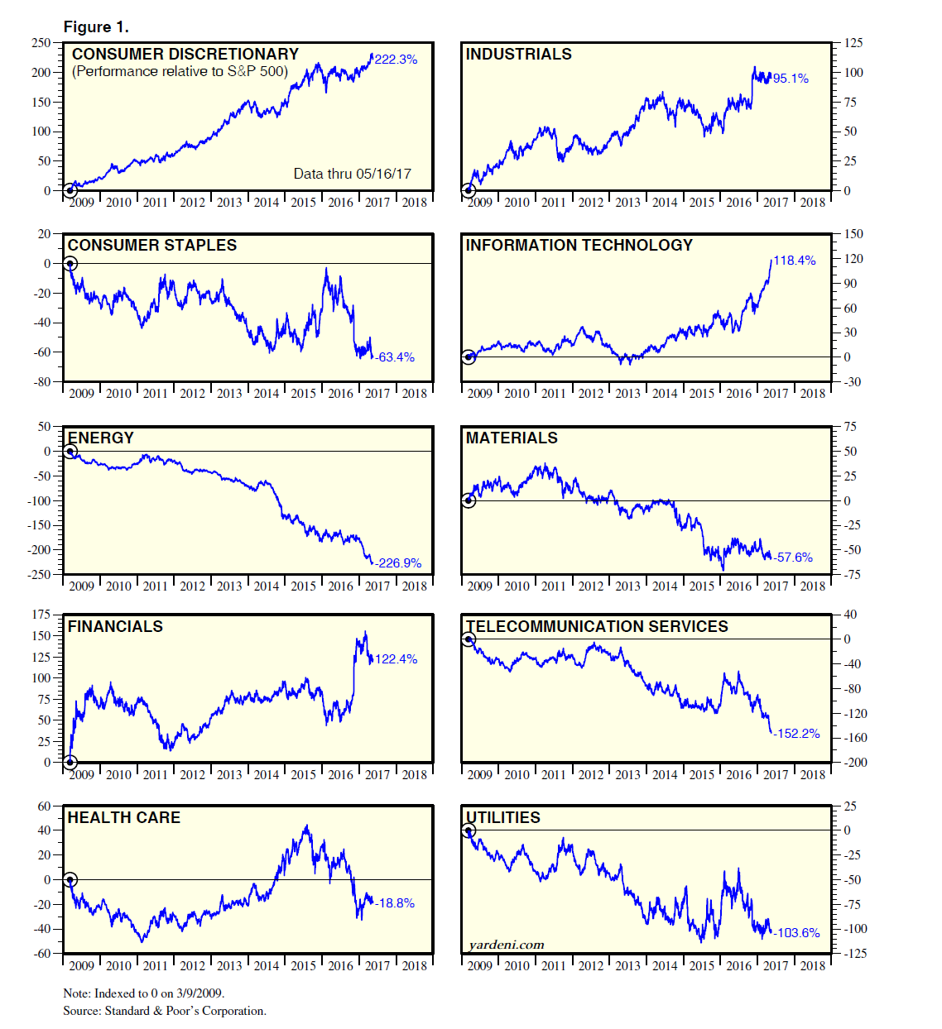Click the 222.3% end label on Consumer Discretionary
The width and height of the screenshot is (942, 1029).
coord(396,60)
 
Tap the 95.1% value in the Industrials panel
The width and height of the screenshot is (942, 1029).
coord(791,79)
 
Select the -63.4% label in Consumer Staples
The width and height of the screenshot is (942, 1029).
coord(395,357)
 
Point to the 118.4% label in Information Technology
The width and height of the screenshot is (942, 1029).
coord(795,261)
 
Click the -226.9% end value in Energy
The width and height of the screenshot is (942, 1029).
coord(398,563)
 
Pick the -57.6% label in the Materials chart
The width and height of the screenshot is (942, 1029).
coord(794,558)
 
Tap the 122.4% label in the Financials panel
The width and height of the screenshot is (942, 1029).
coord(396,659)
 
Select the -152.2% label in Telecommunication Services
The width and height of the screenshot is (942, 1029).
coord(797,734)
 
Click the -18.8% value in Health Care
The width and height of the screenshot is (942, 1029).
coord(395,903)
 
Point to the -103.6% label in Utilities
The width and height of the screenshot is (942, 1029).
coord(797,933)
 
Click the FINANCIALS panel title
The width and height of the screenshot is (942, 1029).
coord(115,627)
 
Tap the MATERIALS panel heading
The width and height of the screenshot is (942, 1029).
coord(512,438)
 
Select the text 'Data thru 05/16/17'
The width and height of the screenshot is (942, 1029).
coord(352,174)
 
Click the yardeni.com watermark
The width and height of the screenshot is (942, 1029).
coord(506,945)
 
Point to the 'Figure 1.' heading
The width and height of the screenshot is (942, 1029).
coord(96,27)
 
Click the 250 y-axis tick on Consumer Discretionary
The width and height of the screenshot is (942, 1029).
coord(41,43)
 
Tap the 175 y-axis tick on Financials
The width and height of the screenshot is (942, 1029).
coord(41,615)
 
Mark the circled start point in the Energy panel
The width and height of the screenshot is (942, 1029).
coord(70,452)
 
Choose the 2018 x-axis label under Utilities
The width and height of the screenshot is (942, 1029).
coord(812,965)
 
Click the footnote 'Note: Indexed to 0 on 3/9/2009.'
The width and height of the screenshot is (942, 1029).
coord(144,993)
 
